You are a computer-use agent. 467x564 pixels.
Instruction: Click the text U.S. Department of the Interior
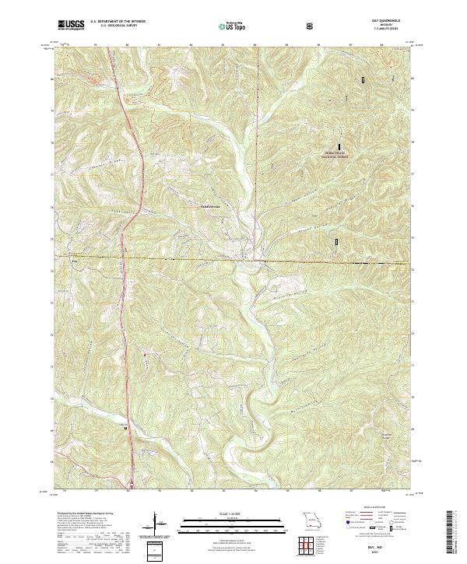point(118,23)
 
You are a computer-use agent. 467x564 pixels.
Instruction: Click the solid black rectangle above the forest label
point(339,145)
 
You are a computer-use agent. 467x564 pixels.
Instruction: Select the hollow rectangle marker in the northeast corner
point(363,79)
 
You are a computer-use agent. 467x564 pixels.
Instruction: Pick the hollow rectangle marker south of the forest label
point(336,242)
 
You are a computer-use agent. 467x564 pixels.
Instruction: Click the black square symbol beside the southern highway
point(125,427)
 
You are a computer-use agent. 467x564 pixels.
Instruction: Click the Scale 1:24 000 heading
point(233,514)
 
